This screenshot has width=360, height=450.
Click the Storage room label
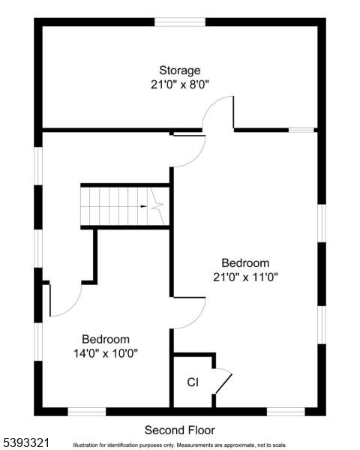tap(179, 70)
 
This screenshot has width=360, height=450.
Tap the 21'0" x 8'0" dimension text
tap(179, 85)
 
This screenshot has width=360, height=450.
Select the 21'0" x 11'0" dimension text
tap(245, 277)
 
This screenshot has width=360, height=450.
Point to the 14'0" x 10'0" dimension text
tap(106, 352)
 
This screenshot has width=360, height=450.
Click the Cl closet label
tap(193, 382)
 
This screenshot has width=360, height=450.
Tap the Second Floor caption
tap(179, 430)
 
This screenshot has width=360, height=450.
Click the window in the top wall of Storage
tap(180, 22)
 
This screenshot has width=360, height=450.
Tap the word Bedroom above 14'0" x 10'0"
tap(106, 339)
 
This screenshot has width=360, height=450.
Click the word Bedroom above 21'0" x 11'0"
tap(245, 263)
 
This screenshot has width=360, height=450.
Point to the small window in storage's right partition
tap(301, 130)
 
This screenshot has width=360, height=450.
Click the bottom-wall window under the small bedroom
tap(87, 411)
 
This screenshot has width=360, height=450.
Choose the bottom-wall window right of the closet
tap(286, 411)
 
